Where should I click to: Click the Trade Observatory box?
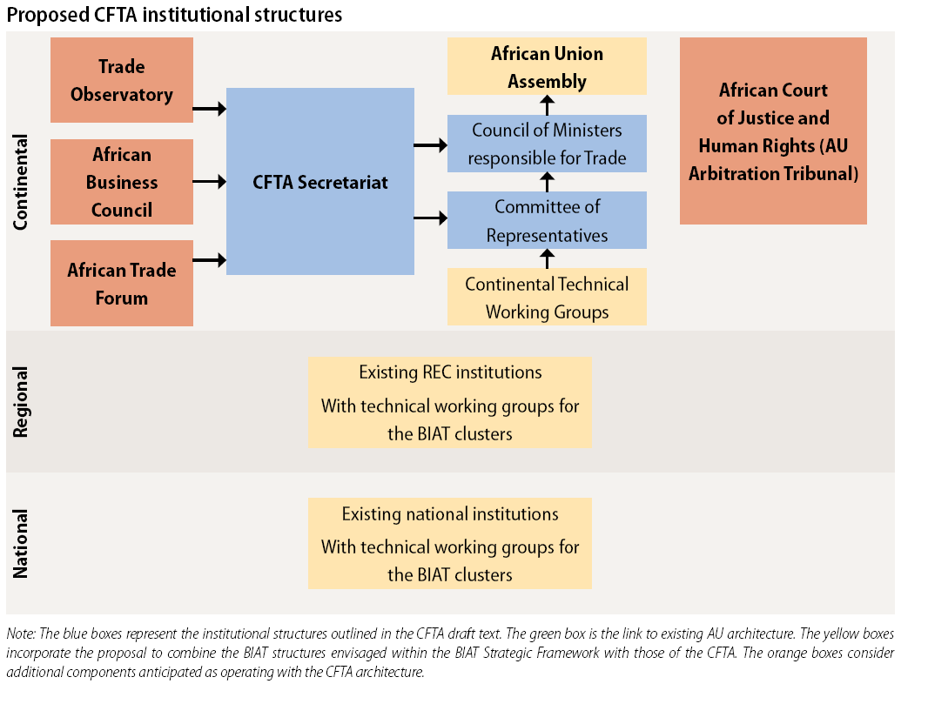(121, 80)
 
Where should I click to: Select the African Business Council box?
(121, 182)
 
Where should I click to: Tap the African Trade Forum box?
(121, 283)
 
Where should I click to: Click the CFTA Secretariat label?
(320, 182)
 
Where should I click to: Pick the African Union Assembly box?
(547, 66)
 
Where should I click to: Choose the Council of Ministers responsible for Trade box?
(547, 144)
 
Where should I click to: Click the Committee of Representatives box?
(547, 220)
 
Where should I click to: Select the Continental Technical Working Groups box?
(547, 297)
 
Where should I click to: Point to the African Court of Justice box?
(773, 131)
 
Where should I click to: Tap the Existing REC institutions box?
(450, 402)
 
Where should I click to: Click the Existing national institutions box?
(450, 543)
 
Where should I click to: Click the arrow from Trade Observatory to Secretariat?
(210, 109)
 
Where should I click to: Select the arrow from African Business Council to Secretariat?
(210, 182)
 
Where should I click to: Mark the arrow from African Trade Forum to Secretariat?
(210, 259)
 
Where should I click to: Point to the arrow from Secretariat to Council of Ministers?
(430, 145)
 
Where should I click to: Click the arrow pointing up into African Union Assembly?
(548, 105)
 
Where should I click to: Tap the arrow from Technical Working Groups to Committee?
(548, 258)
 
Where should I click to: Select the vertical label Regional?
(20, 402)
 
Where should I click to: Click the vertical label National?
(20, 544)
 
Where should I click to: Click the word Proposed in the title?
(48, 15)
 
